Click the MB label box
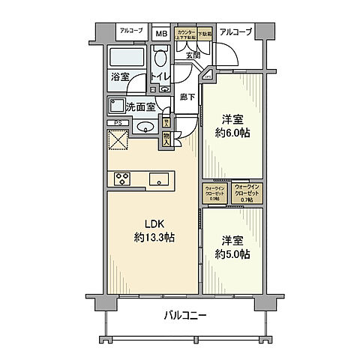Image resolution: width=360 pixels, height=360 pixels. (x=160, y=33)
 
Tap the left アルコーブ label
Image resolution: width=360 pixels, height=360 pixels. (x=131, y=31)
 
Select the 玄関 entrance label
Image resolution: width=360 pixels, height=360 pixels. (x=192, y=55)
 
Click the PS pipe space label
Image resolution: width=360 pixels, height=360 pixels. (x=117, y=123)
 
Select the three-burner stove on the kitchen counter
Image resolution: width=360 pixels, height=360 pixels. (x=122, y=178)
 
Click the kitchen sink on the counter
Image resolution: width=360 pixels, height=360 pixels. (x=158, y=178)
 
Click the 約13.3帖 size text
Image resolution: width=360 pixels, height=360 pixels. (x=154, y=238)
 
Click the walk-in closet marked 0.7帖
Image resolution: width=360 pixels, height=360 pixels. (x=246, y=192)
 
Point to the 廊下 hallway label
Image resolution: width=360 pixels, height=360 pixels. (x=187, y=97)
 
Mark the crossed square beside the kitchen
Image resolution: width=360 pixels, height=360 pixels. (x=118, y=140)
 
